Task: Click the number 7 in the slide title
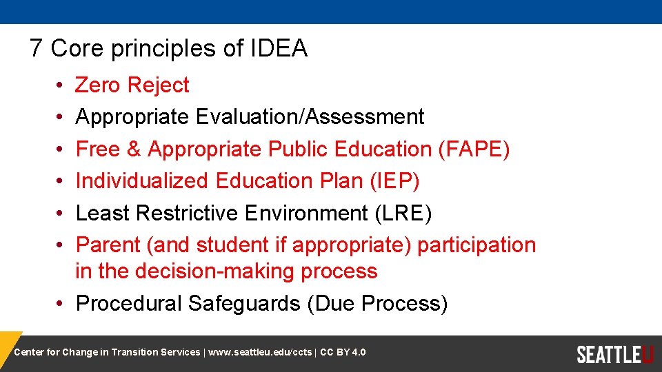37,48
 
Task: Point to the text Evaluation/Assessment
310,117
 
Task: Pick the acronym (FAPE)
474,149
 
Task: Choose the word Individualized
142,181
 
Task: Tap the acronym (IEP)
394,181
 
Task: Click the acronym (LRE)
403,214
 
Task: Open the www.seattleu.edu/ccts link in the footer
260,353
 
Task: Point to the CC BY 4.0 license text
343,353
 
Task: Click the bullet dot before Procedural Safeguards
61,304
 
